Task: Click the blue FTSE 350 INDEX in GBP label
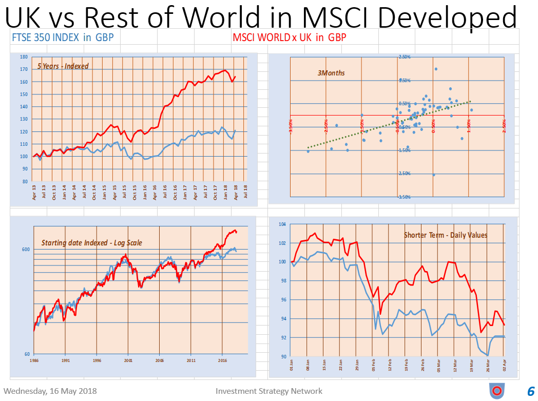point(62,37)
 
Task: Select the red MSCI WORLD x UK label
point(289,37)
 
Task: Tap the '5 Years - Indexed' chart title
point(63,66)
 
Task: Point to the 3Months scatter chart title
point(332,73)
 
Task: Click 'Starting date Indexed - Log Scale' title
point(91,242)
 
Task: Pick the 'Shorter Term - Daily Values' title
point(445,235)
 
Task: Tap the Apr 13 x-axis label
point(34,192)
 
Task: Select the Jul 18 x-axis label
point(245,192)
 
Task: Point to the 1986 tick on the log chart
point(33,360)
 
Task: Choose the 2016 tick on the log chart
point(222,360)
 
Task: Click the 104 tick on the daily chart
point(282,224)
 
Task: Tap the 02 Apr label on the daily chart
point(504,366)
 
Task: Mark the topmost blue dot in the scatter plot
point(436,69)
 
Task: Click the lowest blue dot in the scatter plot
point(434,175)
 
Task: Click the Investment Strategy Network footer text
point(269,391)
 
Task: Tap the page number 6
point(531,391)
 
